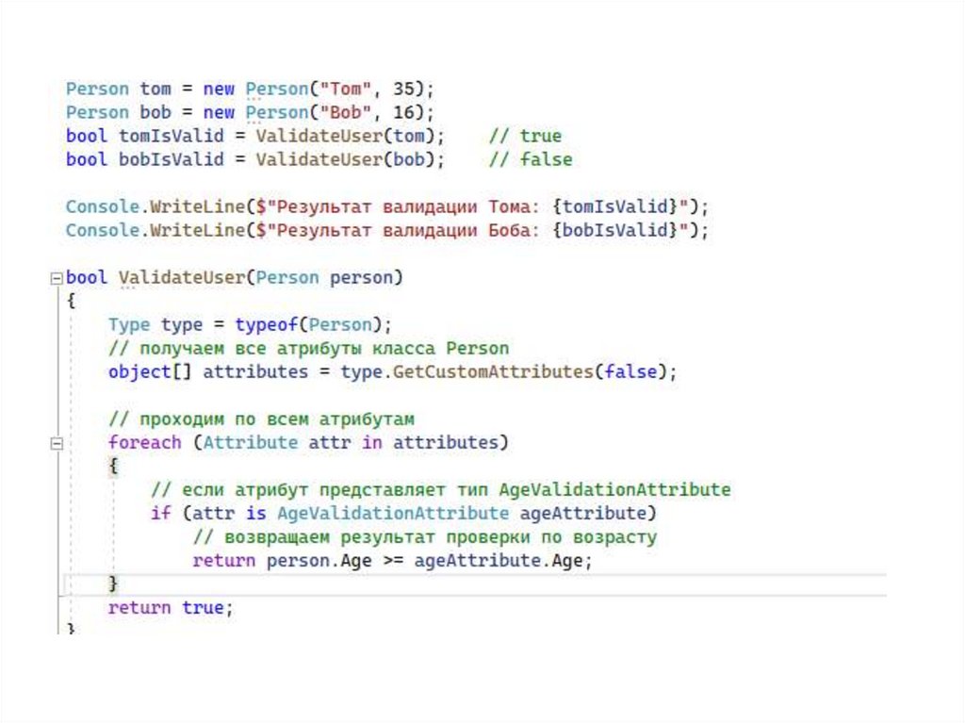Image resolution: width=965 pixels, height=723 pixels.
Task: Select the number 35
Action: click(404, 89)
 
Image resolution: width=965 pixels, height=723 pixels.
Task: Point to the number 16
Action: click(404, 112)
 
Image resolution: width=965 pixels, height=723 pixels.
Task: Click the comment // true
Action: click(525, 136)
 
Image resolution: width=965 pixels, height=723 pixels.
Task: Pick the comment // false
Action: click(531, 159)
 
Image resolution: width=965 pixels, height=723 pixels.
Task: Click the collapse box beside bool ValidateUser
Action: click(57, 278)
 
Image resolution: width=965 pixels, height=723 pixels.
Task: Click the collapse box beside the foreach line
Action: click(57, 443)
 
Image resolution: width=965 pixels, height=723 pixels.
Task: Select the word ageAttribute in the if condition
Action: click(583, 513)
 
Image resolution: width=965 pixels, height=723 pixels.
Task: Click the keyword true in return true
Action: click(203, 607)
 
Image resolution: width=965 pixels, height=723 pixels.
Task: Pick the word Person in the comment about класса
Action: click(477, 348)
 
